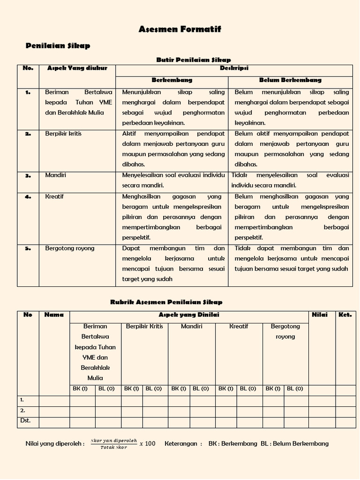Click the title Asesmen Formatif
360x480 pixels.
[x=180, y=30]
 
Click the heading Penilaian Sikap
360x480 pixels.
[x=57, y=45]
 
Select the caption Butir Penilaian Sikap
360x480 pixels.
[x=193, y=60]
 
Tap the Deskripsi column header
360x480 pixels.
[x=234, y=68]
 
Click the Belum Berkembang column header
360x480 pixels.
[x=290, y=80]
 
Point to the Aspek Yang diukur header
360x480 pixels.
[x=77, y=68]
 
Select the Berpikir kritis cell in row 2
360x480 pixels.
[x=63, y=134]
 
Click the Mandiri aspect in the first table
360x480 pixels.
[x=55, y=175]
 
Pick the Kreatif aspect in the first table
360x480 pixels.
[x=54, y=196]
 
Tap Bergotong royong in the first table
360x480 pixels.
[x=69, y=248]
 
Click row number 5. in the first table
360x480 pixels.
[x=28, y=248]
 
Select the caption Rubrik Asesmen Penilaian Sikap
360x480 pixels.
[x=166, y=302]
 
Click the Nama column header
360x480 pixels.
[x=54, y=315]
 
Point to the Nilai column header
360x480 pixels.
[x=320, y=315]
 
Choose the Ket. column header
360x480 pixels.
[x=345, y=315]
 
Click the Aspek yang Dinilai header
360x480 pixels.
[x=189, y=315]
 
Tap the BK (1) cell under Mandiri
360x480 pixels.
[x=179, y=389]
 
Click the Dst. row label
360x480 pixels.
[x=25, y=420]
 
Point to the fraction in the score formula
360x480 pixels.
[x=113, y=443]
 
